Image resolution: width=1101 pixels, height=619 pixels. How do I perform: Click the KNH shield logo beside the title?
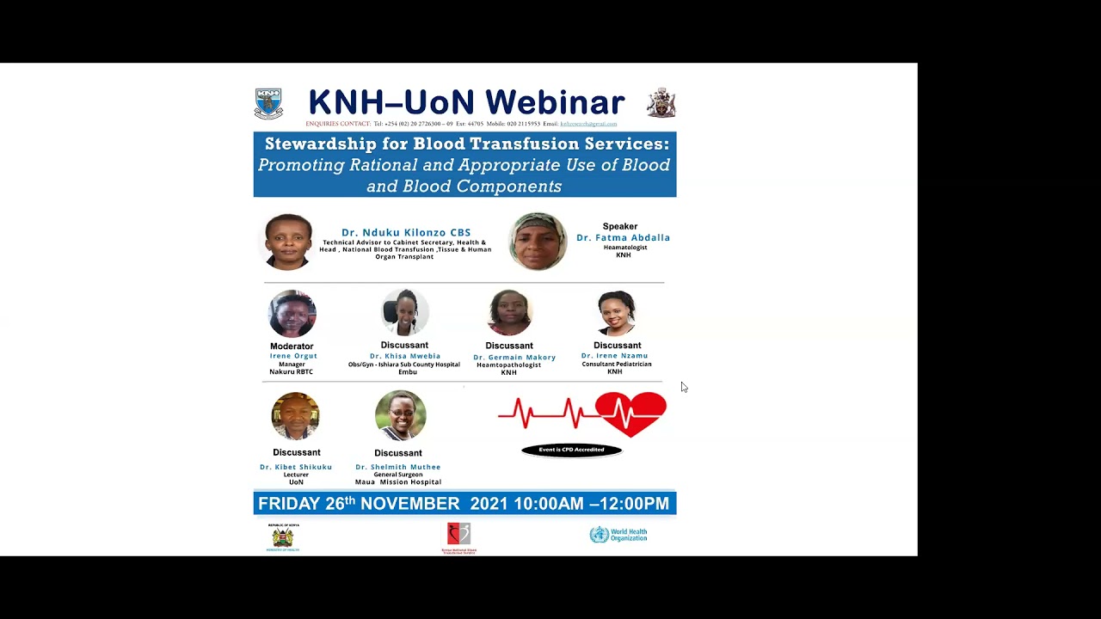tap(268, 103)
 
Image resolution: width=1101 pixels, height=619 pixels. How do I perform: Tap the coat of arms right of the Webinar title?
tap(661, 102)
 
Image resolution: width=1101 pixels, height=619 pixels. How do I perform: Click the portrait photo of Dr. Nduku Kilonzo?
tap(288, 242)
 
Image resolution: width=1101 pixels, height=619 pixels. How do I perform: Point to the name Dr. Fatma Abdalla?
tap(623, 237)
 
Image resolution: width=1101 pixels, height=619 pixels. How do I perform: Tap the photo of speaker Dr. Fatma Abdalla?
tap(538, 242)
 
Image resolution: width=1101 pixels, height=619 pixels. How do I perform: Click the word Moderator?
tap(292, 346)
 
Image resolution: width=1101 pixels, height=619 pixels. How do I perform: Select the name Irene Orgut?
tap(293, 356)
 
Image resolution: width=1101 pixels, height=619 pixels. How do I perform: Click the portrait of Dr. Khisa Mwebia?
tap(404, 312)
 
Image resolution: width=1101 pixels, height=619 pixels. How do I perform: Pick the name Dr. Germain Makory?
tap(514, 357)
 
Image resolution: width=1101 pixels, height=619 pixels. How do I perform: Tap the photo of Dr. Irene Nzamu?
tap(616, 313)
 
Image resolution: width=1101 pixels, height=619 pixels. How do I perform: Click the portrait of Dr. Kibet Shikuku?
tap(296, 416)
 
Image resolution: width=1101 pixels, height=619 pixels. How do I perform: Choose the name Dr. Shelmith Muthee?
tap(398, 467)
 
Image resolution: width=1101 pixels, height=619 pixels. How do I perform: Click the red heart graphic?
tap(630, 414)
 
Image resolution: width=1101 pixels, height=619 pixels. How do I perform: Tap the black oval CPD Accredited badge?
tap(571, 450)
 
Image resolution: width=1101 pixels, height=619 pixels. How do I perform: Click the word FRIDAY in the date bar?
tap(289, 504)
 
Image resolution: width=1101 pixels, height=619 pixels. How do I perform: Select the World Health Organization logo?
tap(618, 535)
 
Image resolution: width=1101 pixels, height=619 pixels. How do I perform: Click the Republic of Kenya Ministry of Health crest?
tap(283, 537)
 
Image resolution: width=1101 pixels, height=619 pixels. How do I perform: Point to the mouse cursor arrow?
tap(684, 387)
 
